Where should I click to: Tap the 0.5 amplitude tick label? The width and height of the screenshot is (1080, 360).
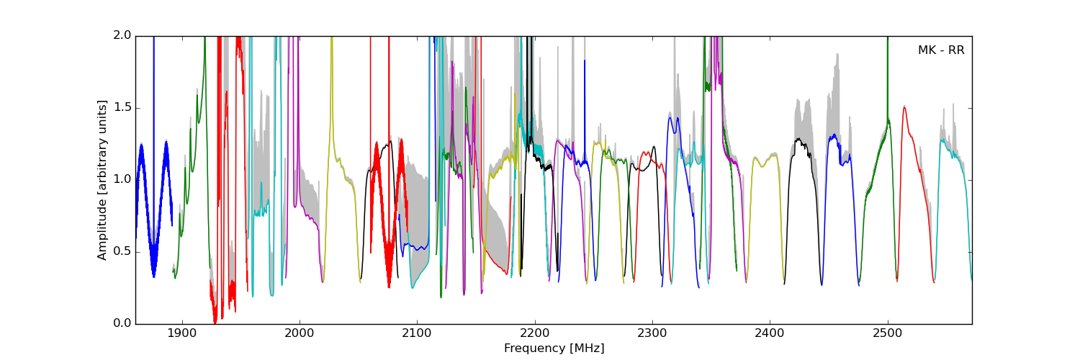(x=122, y=252)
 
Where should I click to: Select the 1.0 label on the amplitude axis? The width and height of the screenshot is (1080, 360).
(x=122, y=180)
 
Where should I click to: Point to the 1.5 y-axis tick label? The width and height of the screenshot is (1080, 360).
(x=122, y=108)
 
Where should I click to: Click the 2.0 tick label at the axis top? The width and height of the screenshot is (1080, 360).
(x=122, y=36)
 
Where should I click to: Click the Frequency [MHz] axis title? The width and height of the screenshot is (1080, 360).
(x=554, y=348)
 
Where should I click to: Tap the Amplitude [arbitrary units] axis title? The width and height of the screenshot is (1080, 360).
(x=102, y=180)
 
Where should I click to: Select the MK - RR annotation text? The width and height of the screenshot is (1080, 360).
(x=940, y=50)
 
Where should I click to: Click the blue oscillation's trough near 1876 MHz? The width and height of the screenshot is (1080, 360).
(x=153, y=275)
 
